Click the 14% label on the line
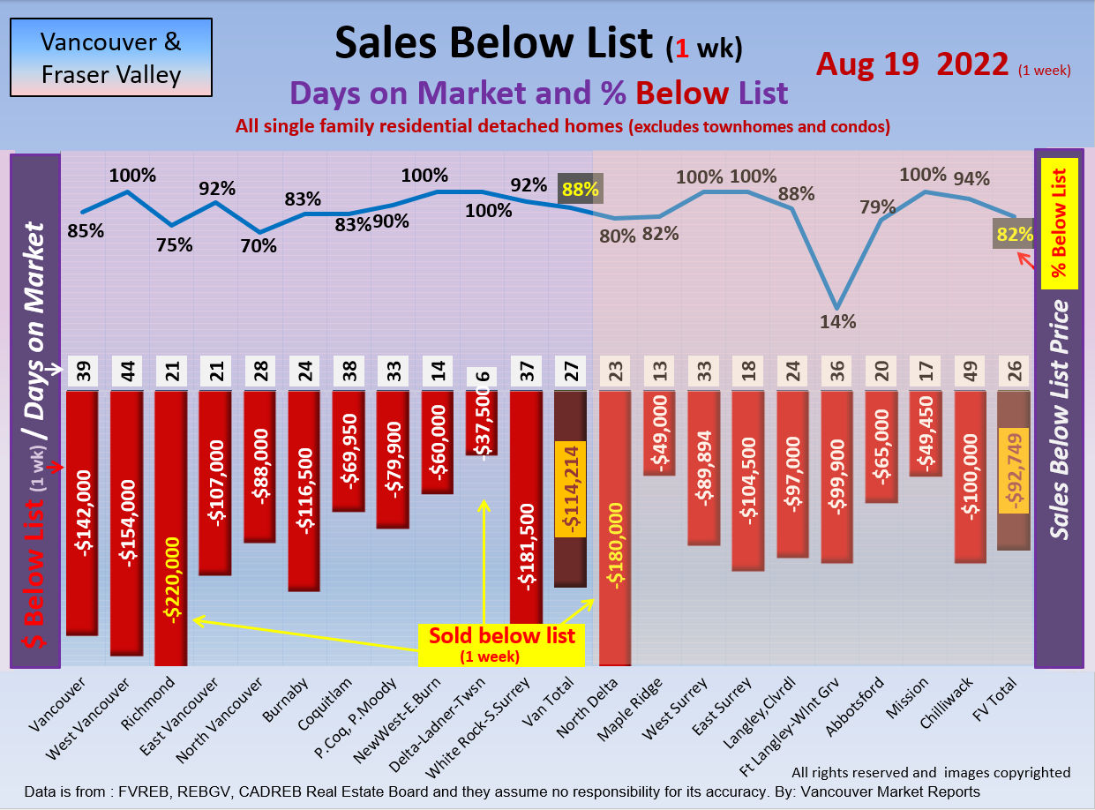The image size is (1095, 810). tap(838, 322)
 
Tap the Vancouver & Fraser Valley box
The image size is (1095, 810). tap(111, 58)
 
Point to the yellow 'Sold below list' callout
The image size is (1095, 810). tap(501, 643)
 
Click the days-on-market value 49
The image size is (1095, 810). tap(970, 374)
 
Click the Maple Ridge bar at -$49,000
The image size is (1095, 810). tap(659, 432)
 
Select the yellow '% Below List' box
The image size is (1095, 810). tap(1058, 222)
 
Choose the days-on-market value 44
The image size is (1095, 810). tap(126, 374)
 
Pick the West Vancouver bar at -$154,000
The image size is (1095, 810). tap(126, 522)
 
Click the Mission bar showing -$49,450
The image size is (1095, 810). tap(926, 432)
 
